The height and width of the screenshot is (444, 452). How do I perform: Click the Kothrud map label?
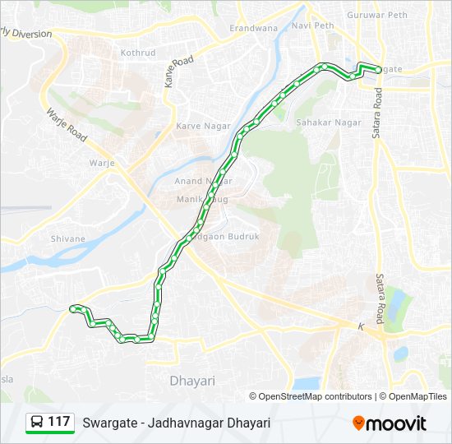pyautogui.click(x=138, y=52)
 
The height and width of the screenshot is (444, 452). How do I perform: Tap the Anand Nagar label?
pyautogui.click(x=203, y=181)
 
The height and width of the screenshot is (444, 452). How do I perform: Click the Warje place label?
pyautogui.click(x=102, y=162)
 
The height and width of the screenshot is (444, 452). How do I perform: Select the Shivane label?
pyautogui.click(x=67, y=238)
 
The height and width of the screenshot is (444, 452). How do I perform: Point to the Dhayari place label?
pyautogui.click(x=191, y=381)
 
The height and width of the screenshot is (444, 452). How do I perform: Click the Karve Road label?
pyautogui.click(x=178, y=72)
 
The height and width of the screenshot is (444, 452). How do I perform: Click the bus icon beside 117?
pyautogui.click(x=37, y=423)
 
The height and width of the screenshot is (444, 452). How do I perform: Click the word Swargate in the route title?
pyautogui.click(x=108, y=423)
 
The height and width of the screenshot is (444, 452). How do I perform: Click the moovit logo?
pyautogui.click(x=390, y=423)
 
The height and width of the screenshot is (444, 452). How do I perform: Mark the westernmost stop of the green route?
pyautogui.click(x=74, y=308)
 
